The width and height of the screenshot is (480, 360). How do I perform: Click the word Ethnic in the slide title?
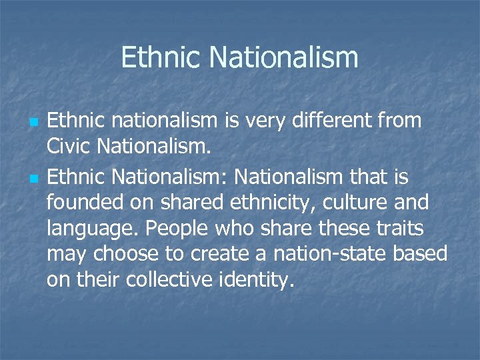click(x=162, y=57)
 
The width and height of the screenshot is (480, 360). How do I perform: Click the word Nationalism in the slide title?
click(x=284, y=57)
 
